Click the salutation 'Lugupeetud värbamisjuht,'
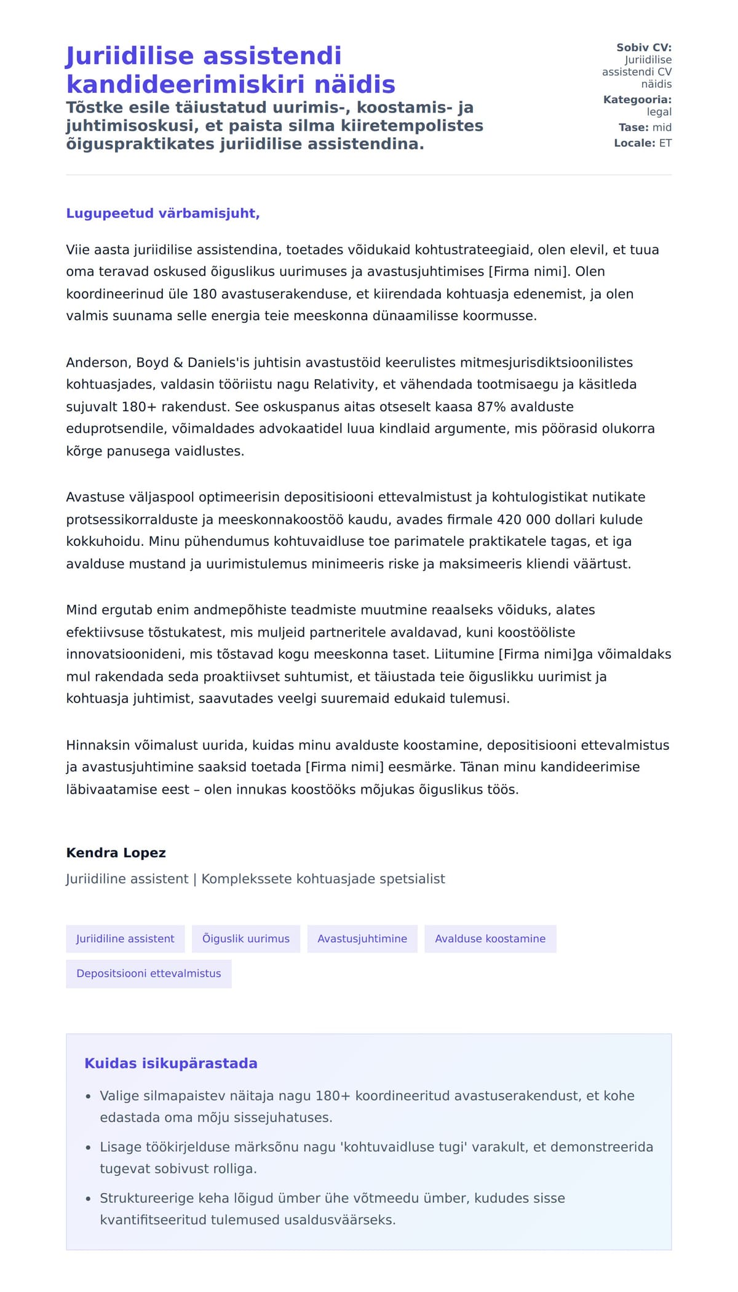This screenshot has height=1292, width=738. tap(163, 213)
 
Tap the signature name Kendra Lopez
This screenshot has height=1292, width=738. tap(116, 853)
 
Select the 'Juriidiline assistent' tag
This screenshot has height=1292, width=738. tap(125, 939)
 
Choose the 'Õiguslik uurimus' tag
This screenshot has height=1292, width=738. tap(246, 939)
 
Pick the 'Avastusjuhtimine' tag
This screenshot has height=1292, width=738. tap(362, 939)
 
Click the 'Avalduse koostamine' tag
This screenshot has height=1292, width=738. tap(490, 939)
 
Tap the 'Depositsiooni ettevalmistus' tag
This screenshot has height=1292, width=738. tap(149, 974)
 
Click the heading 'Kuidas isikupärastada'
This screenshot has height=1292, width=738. tap(171, 1063)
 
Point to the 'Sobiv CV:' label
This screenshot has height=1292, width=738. tap(644, 47)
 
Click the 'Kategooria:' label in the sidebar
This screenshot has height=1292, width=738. tap(637, 100)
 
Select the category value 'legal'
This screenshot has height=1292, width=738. tap(659, 112)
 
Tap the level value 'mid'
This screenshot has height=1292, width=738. tap(662, 127)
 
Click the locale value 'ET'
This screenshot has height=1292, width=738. tap(665, 143)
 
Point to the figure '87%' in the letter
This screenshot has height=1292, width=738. tap(490, 407)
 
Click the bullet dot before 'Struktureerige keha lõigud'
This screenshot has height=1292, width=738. tap(89, 1199)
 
